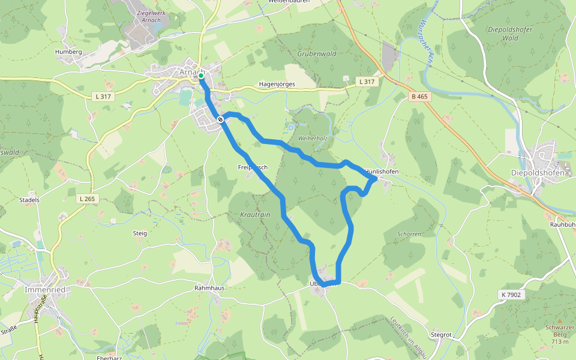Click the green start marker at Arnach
pos(200,76)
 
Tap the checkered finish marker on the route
pos(221,120)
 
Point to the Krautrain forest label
pos(255,214)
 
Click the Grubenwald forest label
pos(314,53)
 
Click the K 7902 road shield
pos(510,295)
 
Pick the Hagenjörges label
pos(277,85)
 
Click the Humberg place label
pos(68,52)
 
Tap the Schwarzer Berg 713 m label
pos(560,334)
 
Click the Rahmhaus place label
pos(209,288)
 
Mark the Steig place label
pos(139,233)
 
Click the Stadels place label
pos(29,200)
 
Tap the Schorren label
pos(409,233)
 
